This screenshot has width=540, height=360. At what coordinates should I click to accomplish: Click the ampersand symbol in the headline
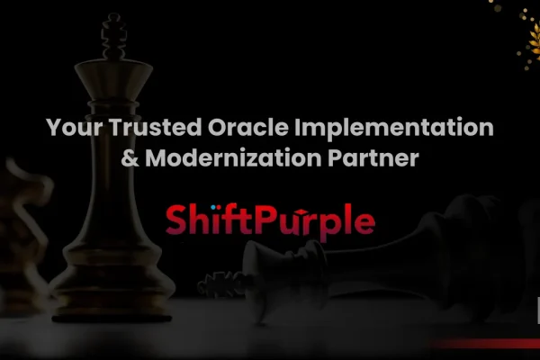127,160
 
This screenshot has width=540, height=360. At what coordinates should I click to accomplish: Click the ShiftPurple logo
270,220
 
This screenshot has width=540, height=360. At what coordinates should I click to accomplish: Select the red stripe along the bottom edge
486,343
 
